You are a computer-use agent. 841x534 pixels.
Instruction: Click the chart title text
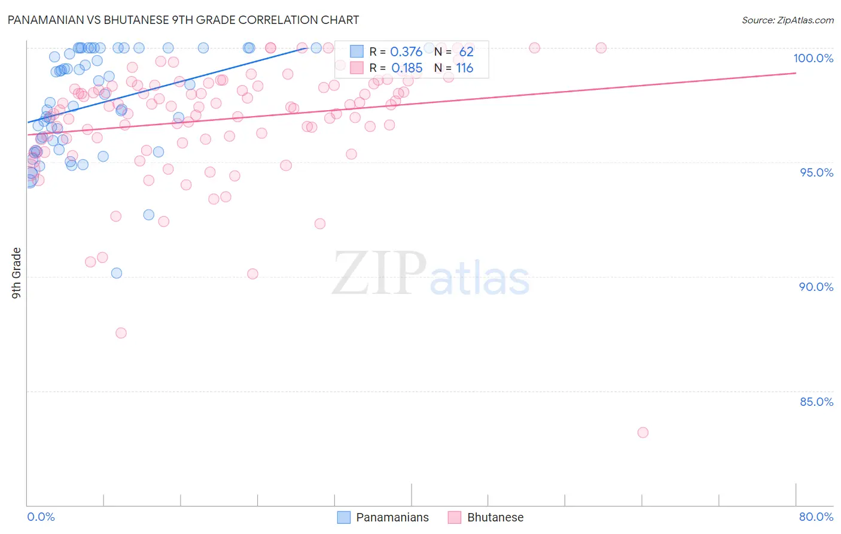tap(183, 20)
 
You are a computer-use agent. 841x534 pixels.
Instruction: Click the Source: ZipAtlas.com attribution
tap(787, 20)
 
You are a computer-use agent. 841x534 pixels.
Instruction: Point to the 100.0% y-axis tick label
tap(813, 58)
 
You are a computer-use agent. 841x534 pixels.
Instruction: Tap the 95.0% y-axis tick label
tap(816, 172)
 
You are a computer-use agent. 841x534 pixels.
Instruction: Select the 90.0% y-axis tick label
tap(816, 287)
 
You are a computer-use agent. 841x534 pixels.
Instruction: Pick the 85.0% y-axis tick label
tap(816, 402)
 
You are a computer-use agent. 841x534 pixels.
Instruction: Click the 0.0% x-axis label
tap(41, 517)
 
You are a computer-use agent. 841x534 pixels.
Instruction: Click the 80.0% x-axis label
tap(816, 517)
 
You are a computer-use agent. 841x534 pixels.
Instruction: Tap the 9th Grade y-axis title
tap(16, 273)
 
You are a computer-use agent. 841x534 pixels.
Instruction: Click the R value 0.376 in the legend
tap(406, 52)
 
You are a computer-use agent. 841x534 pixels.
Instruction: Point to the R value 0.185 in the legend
tap(407, 68)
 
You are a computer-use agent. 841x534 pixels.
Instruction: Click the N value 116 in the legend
tap(465, 68)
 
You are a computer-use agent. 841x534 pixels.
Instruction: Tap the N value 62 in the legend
tap(466, 52)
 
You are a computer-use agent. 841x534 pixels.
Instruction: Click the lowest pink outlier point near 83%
tap(643, 432)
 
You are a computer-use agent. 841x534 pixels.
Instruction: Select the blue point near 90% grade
tap(117, 273)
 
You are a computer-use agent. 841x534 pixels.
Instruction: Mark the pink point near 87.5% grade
tap(121, 333)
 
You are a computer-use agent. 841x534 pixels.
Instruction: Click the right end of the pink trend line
tap(796, 72)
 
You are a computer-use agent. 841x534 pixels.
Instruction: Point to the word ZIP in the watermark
tap(379, 274)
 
